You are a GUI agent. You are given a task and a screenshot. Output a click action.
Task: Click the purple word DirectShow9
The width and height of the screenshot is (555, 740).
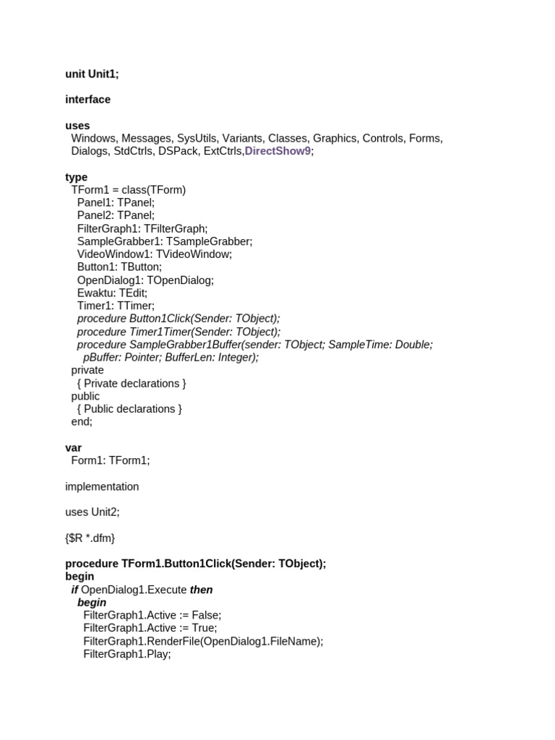tap(278, 151)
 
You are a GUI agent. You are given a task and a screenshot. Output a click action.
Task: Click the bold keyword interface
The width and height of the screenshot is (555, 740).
tap(87, 100)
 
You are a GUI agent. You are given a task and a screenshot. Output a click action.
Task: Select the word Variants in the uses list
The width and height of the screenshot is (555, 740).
tap(241, 138)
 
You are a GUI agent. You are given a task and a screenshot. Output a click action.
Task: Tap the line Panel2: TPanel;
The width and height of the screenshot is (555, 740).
tap(116, 215)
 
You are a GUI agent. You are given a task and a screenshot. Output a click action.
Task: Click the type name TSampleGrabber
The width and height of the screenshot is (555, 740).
tap(215, 241)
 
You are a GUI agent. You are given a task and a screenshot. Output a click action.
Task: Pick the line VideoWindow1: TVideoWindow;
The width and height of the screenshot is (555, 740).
tap(155, 254)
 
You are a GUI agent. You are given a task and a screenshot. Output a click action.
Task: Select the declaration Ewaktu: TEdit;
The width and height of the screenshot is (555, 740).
tap(112, 293)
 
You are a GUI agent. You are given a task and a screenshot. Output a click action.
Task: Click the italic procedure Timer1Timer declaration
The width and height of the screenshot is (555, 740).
tap(178, 332)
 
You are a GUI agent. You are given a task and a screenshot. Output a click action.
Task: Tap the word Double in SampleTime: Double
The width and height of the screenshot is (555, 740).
tap(413, 345)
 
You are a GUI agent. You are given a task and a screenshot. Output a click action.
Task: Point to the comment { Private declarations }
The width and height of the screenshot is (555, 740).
tap(132, 383)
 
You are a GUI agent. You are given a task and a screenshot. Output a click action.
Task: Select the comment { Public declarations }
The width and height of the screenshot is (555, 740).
tap(129, 409)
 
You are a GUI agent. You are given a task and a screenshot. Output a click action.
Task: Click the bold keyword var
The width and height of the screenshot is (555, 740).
tap(73, 448)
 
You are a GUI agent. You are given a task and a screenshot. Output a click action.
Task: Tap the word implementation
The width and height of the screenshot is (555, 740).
tap(102, 486)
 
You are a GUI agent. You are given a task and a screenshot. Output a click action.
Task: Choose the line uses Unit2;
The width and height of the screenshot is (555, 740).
tap(92, 512)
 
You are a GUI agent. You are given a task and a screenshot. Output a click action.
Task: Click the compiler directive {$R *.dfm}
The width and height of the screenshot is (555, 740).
tap(90, 538)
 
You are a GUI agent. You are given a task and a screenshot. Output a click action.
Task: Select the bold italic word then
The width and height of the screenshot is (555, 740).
tap(201, 590)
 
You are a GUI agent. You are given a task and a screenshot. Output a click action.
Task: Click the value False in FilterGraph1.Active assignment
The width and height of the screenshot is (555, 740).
tap(206, 616)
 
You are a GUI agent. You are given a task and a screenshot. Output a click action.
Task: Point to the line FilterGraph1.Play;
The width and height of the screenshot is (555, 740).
tap(126, 654)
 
